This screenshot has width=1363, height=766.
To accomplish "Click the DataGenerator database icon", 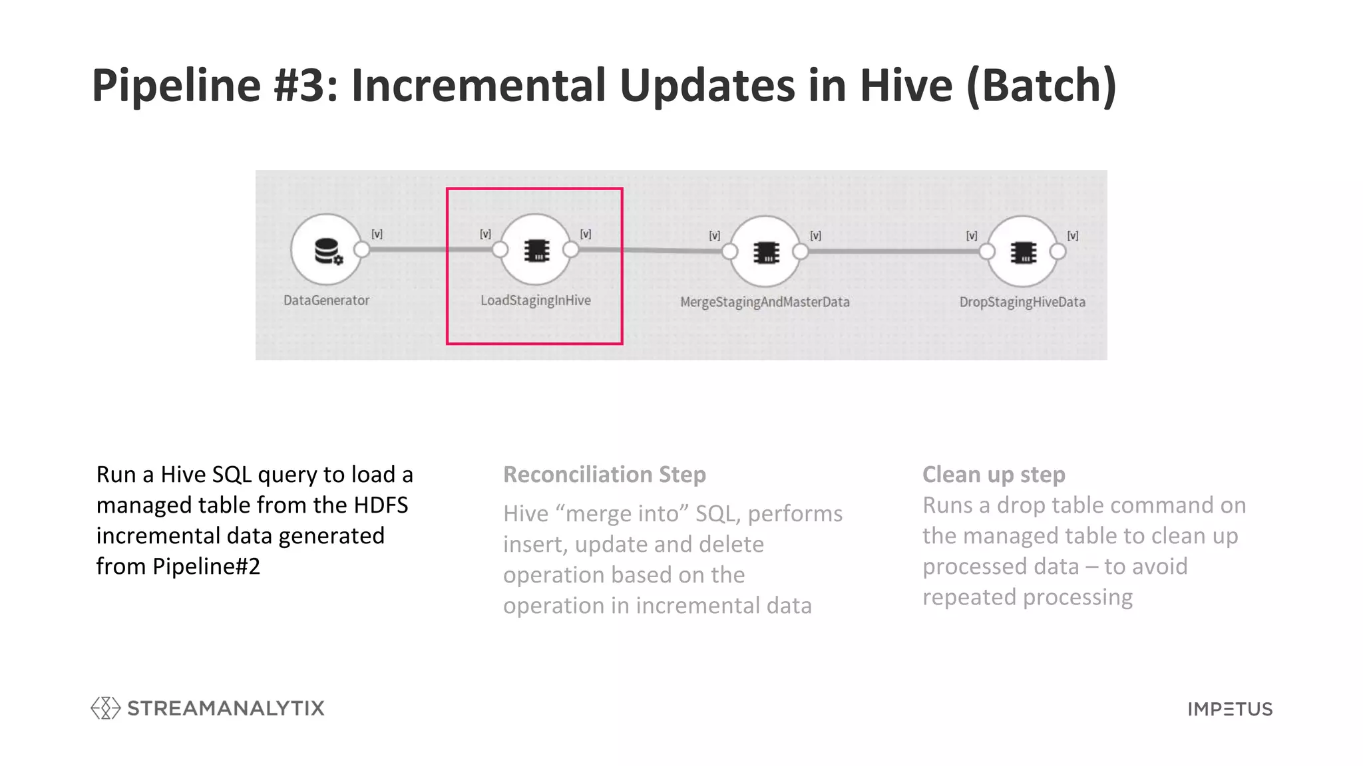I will point(327,251).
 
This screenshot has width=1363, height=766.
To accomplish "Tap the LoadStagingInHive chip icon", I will point(536,251).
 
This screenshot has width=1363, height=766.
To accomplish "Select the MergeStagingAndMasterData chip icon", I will point(766,252).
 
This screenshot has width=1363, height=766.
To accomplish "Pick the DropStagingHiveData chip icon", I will point(1023,252).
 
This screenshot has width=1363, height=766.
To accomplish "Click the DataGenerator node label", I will point(326,301).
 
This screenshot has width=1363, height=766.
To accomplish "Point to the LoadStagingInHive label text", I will point(536,301).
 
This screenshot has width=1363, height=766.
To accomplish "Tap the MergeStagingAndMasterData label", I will point(765,302).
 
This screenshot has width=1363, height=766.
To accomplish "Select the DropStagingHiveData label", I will point(1022,302).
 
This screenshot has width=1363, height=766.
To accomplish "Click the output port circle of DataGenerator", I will point(362,249).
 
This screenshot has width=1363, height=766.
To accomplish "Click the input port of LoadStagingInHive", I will point(500,249).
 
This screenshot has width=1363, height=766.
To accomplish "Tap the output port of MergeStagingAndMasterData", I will point(801,251).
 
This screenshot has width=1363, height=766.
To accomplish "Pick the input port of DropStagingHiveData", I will point(987,251).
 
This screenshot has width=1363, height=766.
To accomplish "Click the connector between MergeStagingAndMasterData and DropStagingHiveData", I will point(894,251).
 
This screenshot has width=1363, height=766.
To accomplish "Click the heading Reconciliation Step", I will point(604,475).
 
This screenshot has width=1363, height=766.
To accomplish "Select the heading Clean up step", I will point(994,475).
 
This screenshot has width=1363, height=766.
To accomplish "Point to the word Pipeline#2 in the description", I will point(206,567).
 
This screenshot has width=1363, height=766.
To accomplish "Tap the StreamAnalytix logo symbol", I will point(105,708).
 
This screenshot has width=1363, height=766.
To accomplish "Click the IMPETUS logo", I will point(1230,709).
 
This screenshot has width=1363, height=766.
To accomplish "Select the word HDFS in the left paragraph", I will point(381,505).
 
